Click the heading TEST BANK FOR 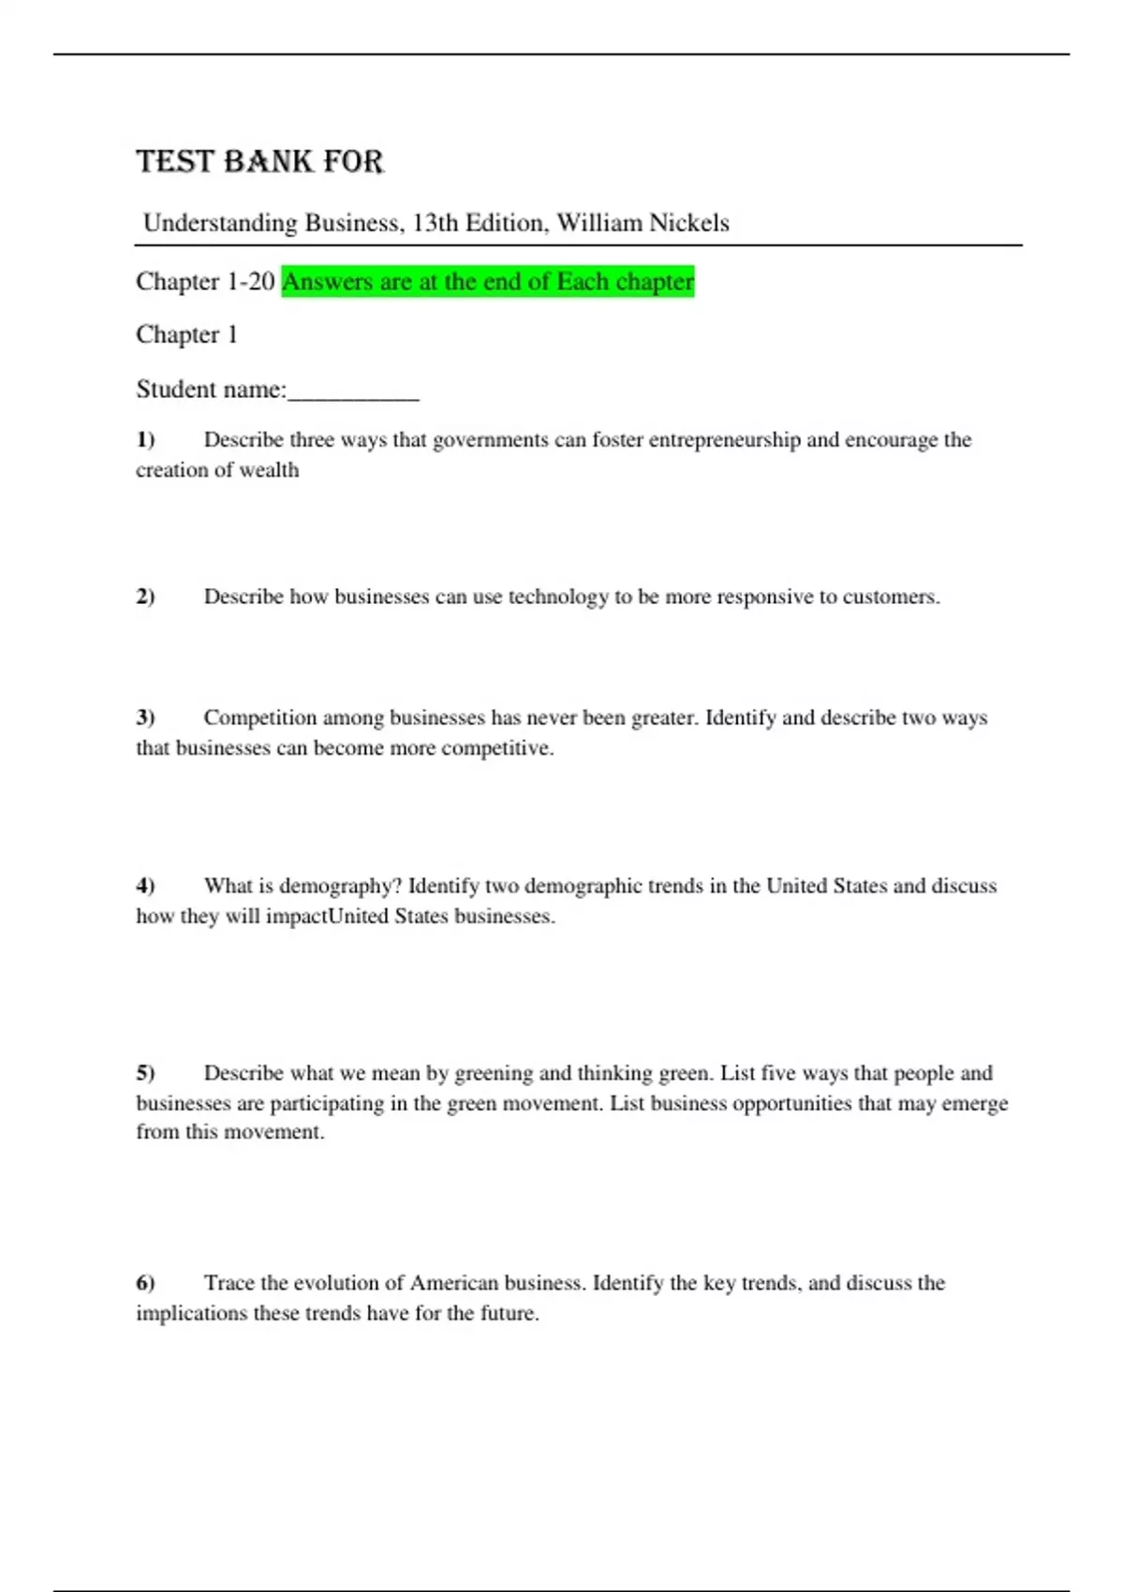coord(259,162)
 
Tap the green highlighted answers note coord(488,281)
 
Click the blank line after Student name coord(353,391)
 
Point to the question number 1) coord(145,439)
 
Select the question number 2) coord(145,597)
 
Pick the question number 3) coord(145,717)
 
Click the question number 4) coord(145,886)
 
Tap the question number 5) coord(145,1073)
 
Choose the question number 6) coord(145,1283)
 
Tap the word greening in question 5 coord(494,1073)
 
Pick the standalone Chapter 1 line coord(186,334)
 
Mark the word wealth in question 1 coord(269,470)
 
